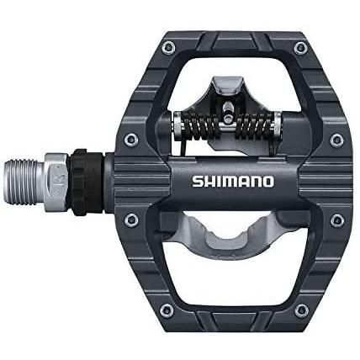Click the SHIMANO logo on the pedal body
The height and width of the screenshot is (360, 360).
(232, 182)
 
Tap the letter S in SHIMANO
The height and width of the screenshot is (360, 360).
(197, 182)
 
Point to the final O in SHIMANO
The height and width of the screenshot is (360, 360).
(267, 182)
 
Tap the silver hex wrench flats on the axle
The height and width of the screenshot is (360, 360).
(57, 183)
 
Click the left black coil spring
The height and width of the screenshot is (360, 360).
(199, 127)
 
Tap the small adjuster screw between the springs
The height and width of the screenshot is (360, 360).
(227, 109)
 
